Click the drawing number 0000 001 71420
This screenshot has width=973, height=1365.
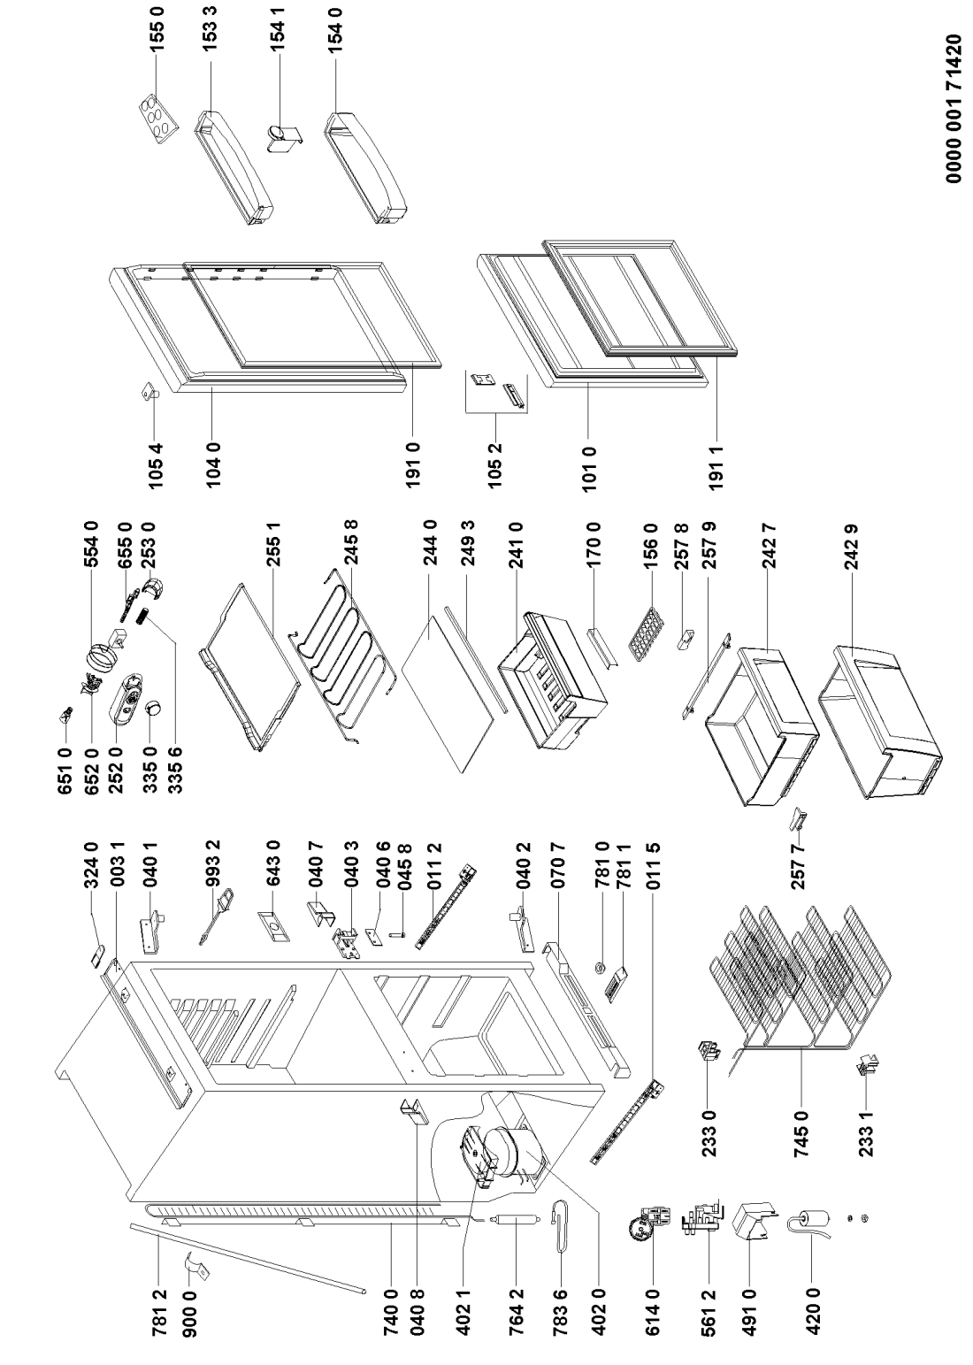pos(954,109)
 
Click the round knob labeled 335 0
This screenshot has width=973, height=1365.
pos(152,709)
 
